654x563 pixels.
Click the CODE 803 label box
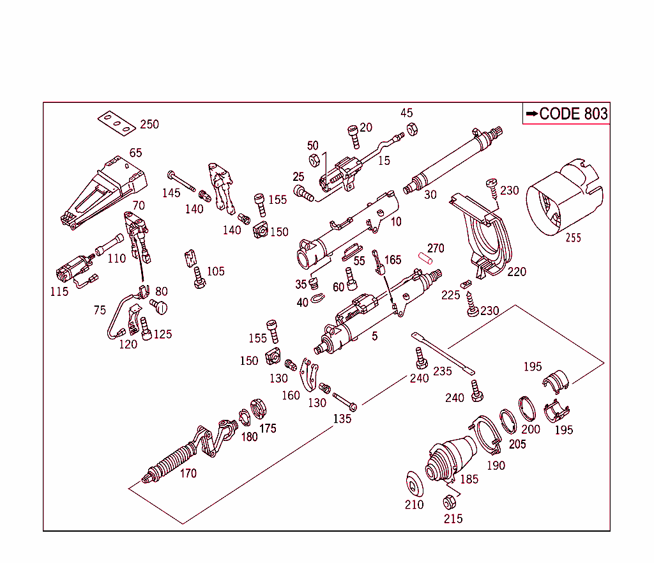point(567,114)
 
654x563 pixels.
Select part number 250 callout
point(149,124)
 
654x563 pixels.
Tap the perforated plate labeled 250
point(116,123)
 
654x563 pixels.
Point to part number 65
point(135,153)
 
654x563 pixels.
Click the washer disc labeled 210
point(416,482)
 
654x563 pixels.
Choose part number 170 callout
point(188,474)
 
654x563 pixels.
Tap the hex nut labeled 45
point(413,128)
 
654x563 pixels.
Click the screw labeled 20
point(353,134)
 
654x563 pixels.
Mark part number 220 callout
point(517,272)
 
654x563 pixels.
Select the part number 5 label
point(374,335)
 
